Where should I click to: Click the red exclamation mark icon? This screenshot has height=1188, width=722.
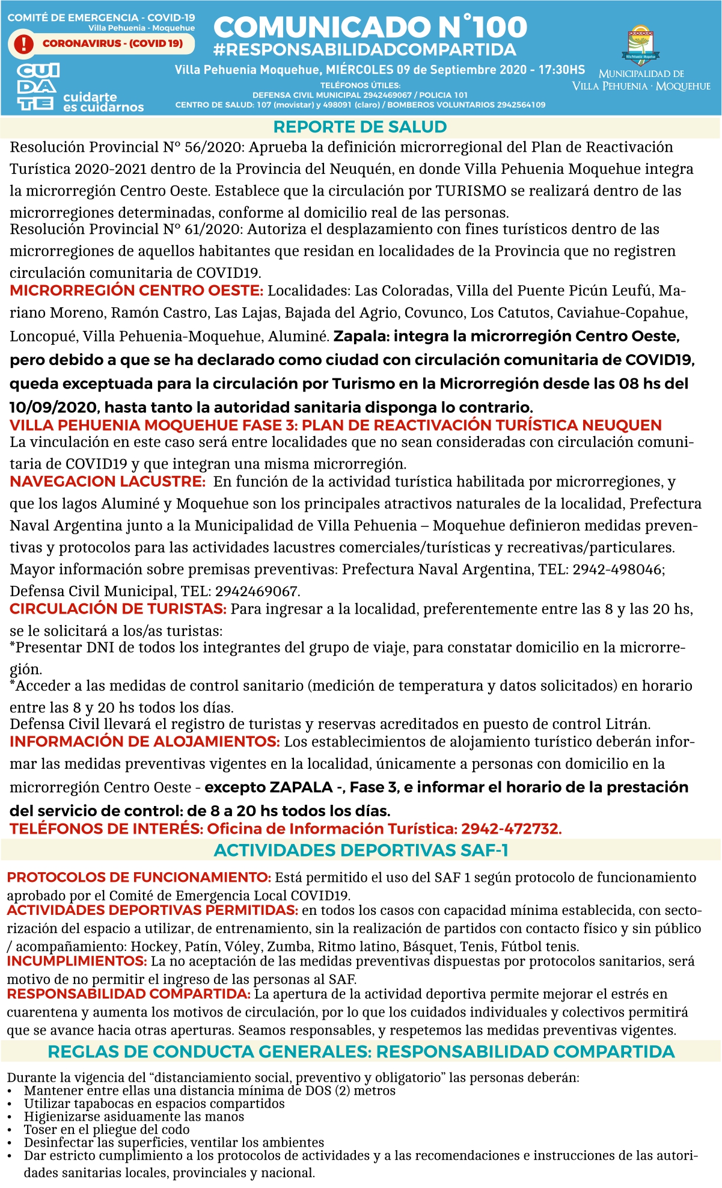[x=24, y=43]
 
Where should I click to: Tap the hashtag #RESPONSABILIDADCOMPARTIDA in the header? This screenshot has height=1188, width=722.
[x=364, y=50]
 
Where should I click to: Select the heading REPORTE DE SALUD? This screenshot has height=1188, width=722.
[x=360, y=127]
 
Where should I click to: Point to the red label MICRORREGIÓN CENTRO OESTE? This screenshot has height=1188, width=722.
[x=136, y=291]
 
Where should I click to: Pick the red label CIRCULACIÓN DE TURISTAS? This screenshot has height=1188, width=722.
[x=118, y=609]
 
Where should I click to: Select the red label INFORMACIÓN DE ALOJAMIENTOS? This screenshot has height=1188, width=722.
[x=144, y=742]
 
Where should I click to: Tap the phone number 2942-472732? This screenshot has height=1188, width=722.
[x=510, y=829]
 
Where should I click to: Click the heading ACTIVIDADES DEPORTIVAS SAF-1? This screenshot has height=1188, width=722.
[x=361, y=851]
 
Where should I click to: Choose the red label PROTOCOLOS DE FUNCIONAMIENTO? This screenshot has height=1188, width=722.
[x=139, y=878]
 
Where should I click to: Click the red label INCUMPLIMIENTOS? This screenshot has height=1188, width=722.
[x=77, y=961]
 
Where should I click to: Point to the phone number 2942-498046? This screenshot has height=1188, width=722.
[x=617, y=570]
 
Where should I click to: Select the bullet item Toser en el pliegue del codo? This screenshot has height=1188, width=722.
[x=106, y=1130]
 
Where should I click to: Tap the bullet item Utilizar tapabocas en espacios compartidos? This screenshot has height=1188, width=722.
[x=154, y=1104]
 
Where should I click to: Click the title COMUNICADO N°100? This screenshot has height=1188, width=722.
[x=370, y=27]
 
